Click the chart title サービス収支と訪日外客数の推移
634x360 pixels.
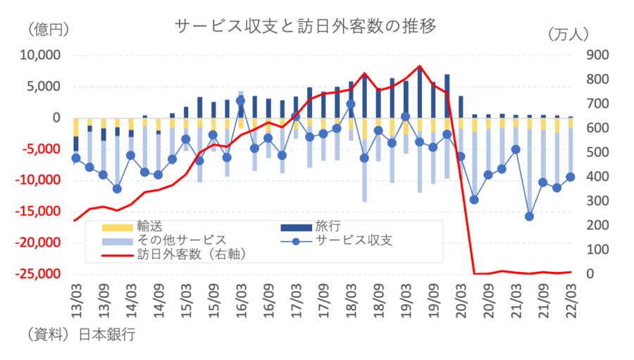306,27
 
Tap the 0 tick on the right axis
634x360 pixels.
590,274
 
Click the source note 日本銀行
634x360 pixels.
106,334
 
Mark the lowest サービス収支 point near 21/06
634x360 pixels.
529,216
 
